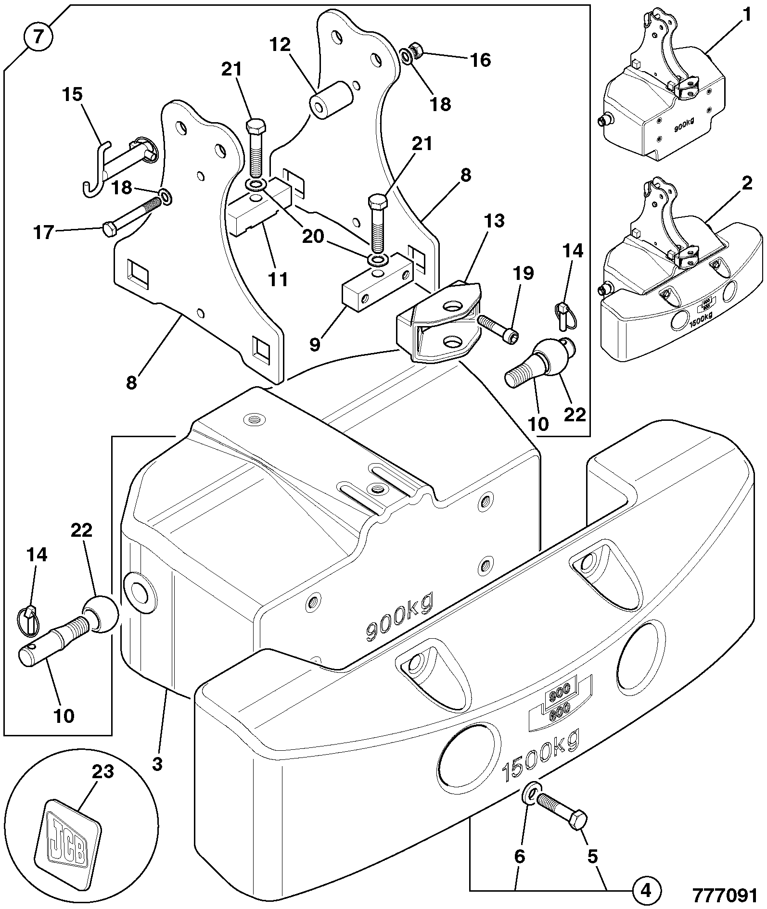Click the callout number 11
(x=277, y=279)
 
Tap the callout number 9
(x=315, y=344)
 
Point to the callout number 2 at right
(x=746, y=183)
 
